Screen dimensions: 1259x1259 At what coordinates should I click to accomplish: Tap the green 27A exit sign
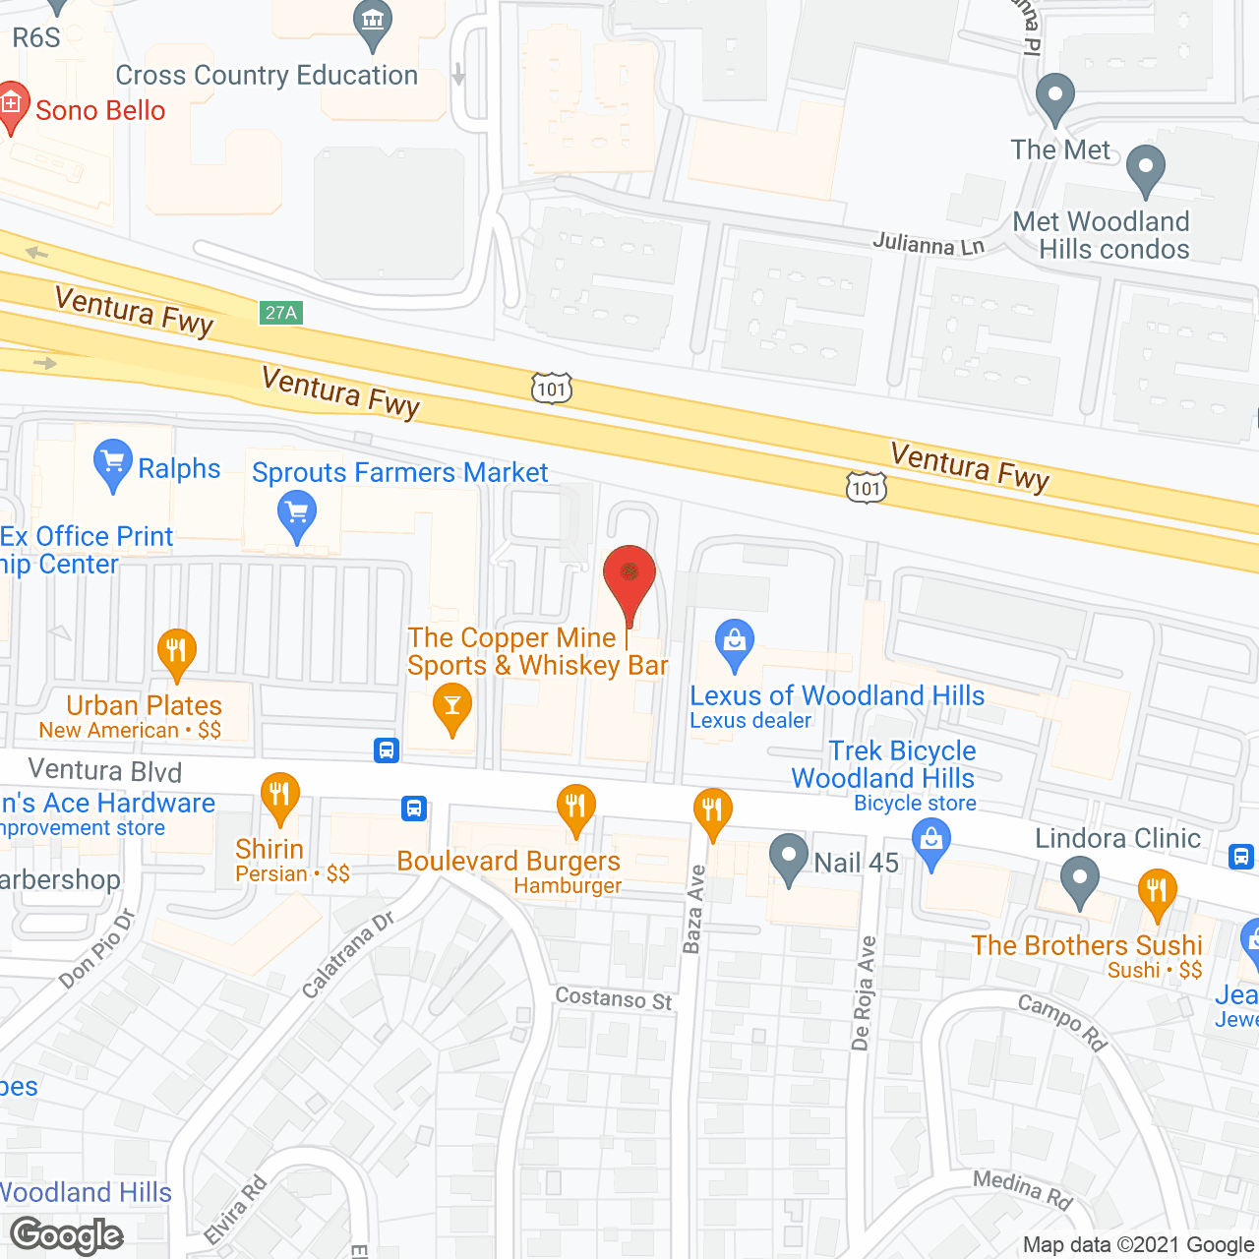click(281, 313)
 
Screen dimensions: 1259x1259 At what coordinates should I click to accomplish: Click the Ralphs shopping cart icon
click(113, 461)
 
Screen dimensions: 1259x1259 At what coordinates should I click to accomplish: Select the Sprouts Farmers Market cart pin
click(297, 514)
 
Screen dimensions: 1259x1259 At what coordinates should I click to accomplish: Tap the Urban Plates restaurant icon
click(177, 652)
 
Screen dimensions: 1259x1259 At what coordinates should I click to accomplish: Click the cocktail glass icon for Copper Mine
click(451, 707)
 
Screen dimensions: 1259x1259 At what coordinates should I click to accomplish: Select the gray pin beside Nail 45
click(788, 857)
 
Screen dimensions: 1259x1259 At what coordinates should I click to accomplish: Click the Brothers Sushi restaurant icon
click(1157, 892)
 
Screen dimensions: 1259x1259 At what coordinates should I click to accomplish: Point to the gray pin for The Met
click(1055, 96)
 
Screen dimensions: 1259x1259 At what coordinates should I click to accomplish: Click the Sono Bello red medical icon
click(12, 103)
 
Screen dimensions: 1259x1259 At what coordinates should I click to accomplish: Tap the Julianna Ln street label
click(929, 242)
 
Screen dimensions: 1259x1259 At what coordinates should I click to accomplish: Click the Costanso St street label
click(614, 999)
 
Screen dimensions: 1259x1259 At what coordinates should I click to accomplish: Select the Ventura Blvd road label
click(105, 770)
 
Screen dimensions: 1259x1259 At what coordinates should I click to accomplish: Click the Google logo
click(67, 1235)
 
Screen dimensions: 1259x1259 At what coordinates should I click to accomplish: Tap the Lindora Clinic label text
click(1117, 838)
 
